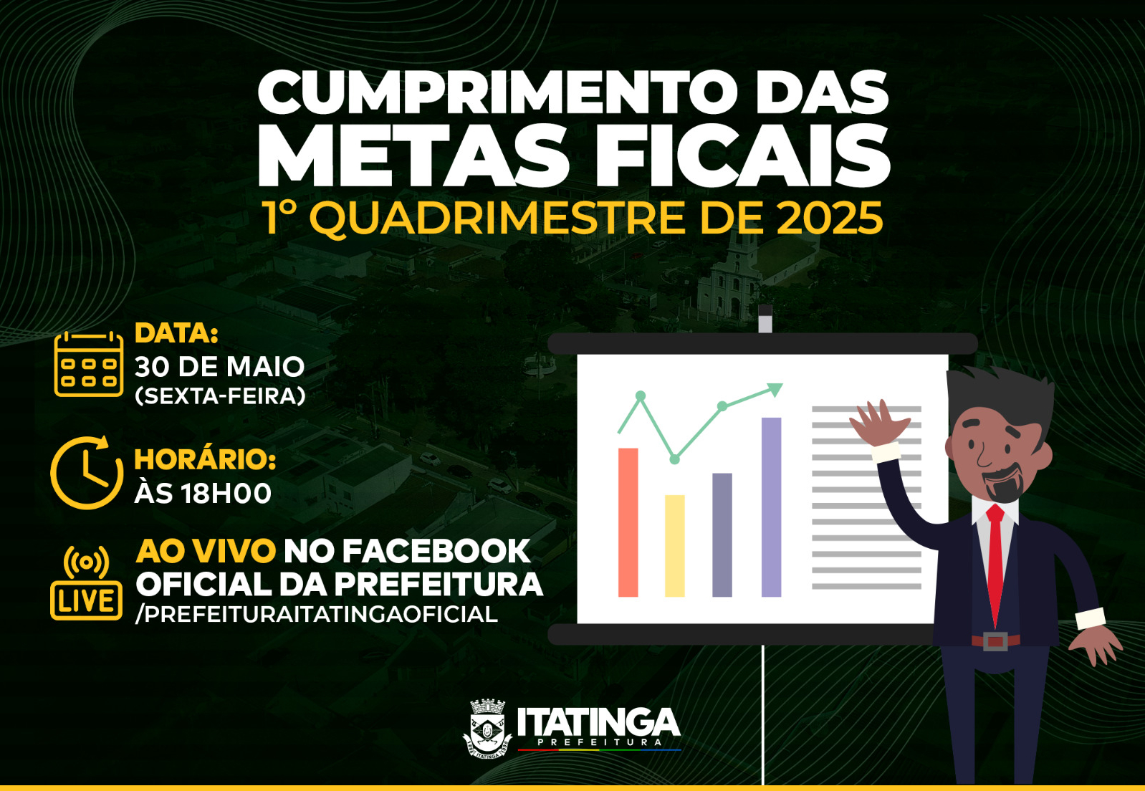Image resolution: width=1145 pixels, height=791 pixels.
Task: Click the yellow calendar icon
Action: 89,364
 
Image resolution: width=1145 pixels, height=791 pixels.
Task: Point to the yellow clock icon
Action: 87,473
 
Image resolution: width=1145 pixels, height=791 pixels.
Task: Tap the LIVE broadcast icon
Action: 87,583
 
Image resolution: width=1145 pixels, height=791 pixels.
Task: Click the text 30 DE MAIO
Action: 219,367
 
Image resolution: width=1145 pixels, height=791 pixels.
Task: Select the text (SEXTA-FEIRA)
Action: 220,396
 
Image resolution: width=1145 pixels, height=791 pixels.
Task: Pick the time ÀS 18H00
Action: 203,494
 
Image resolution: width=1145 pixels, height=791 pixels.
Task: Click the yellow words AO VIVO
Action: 206,551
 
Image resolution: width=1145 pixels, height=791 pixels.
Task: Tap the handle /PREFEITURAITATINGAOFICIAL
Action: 317,614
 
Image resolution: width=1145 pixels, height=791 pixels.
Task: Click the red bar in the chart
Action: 628,522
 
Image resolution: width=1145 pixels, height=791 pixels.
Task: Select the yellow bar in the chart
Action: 675,546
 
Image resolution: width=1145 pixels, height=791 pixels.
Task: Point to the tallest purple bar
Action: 772,507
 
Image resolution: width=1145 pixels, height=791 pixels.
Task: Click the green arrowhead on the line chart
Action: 775,389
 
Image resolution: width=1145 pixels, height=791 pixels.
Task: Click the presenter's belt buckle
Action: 995,641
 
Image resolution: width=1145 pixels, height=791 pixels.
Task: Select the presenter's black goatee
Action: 1003,486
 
